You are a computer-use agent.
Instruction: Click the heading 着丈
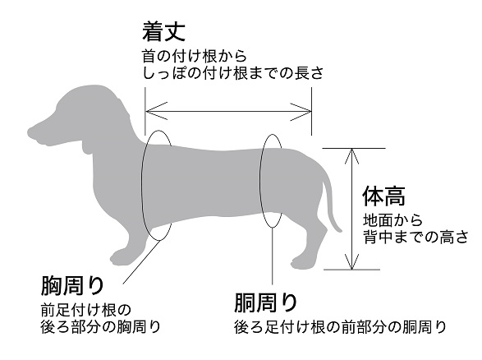(163, 31)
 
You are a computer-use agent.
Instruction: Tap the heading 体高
(384, 196)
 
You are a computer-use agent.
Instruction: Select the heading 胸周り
(72, 285)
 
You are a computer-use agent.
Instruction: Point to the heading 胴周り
(265, 302)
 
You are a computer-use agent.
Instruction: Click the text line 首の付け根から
(195, 56)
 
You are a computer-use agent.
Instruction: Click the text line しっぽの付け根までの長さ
(233, 73)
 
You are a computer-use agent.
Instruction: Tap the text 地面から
(392, 220)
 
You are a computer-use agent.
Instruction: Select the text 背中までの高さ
(415, 237)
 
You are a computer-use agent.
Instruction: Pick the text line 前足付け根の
(86, 310)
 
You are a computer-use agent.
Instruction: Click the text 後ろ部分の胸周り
(101, 327)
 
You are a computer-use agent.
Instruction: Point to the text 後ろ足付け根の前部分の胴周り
(340, 327)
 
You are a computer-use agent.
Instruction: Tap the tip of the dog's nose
(30, 133)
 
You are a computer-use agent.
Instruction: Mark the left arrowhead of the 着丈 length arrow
(155, 111)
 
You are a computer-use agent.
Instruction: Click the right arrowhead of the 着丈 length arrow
(302, 111)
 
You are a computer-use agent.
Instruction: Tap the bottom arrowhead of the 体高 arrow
(351, 262)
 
